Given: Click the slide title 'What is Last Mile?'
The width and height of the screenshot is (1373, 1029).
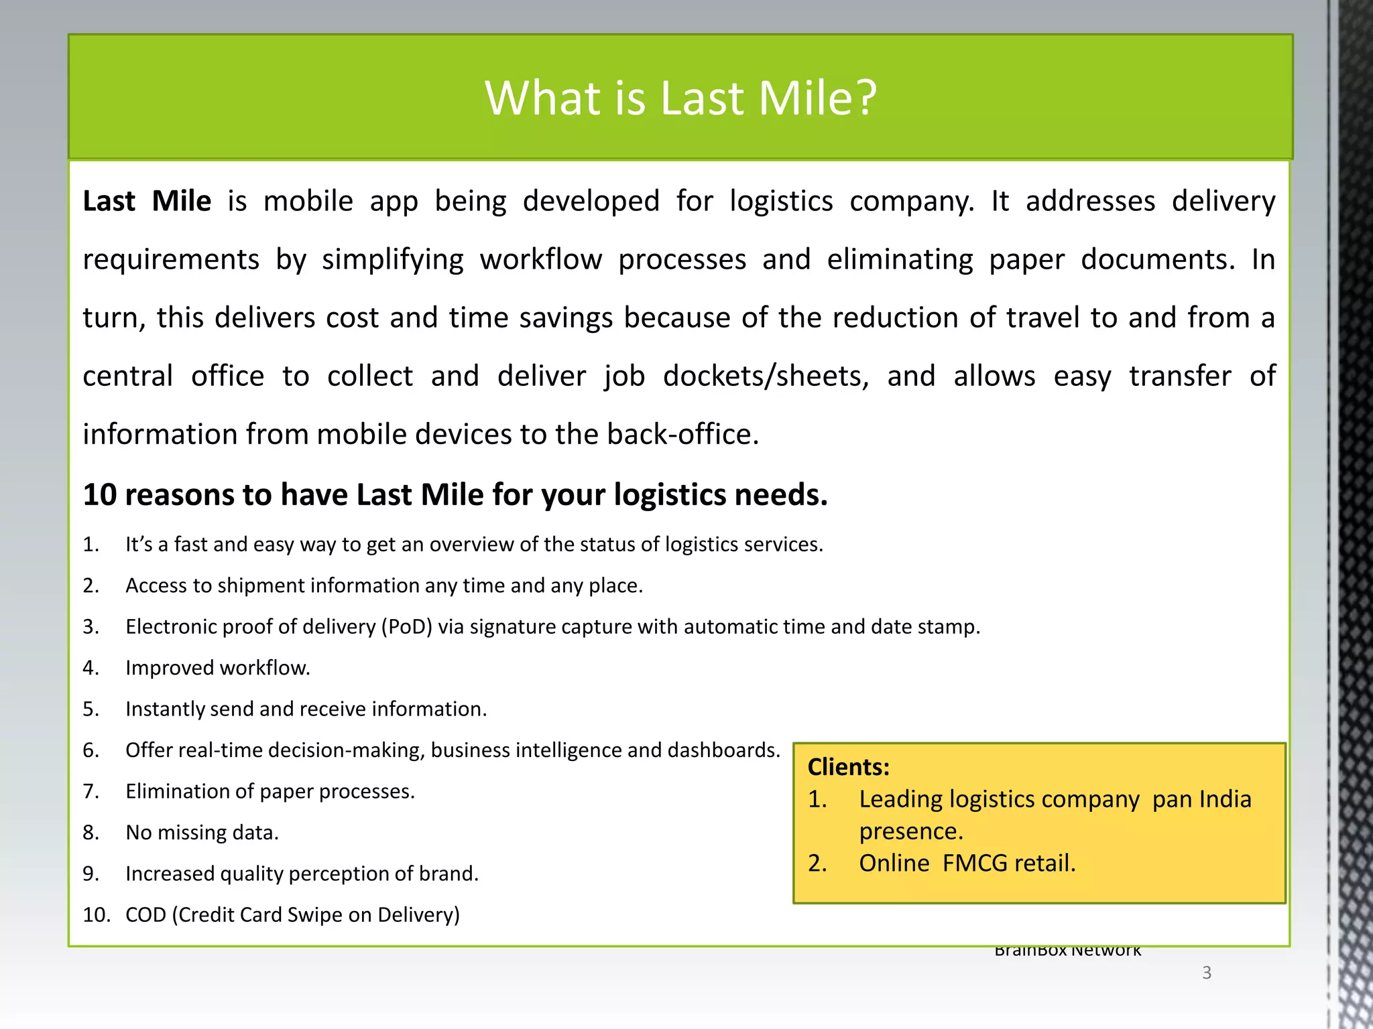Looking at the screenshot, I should [680, 98].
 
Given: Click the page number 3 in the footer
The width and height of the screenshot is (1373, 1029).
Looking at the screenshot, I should [1207, 973].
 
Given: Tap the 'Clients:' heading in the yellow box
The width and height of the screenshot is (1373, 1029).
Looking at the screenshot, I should [848, 767].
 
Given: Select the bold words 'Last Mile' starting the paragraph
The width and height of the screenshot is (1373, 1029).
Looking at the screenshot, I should [147, 201].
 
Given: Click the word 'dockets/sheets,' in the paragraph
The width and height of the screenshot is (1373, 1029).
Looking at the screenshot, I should [766, 376].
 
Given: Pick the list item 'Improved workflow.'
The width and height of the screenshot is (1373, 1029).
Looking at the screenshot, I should [218, 668].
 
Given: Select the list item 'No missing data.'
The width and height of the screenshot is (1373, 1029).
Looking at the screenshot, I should [202, 833].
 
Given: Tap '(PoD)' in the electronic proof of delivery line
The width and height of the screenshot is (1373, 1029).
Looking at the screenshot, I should [406, 627].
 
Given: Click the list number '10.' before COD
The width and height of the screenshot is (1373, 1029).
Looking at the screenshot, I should [96, 915].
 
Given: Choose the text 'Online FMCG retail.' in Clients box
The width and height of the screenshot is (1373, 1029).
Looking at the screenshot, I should [967, 864].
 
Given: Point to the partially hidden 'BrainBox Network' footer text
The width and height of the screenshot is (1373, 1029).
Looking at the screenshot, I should [1067, 951].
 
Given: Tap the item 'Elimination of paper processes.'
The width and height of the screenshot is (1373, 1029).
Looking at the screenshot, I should [270, 792].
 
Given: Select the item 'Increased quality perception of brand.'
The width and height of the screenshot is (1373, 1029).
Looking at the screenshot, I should [302, 874].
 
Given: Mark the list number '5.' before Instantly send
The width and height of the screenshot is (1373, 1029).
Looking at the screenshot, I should [91, 709].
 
